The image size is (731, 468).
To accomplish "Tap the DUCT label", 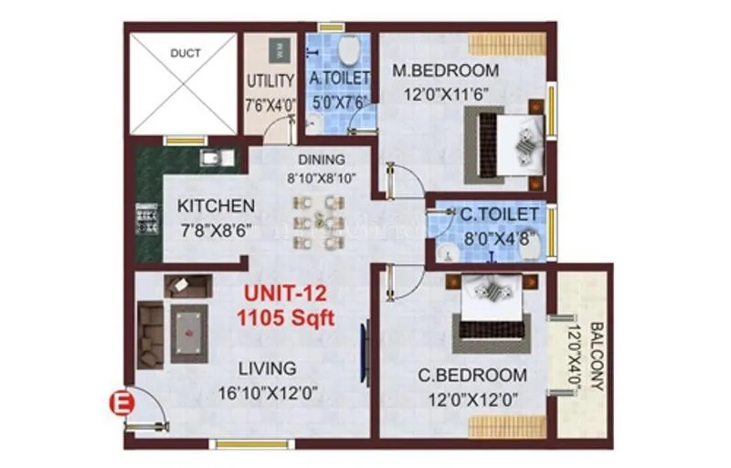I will [x=185, y=54].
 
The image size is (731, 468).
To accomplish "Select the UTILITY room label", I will [x=270, y=80].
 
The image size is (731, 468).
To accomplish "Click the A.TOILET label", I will [x=340, y=80].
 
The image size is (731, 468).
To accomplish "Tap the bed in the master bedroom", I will [x=505, y=144].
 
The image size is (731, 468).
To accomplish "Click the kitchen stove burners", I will [x=143, y=219].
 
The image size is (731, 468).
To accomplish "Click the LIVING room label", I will [x=267, y=369].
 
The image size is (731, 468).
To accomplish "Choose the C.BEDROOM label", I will [x=472, y=375].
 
